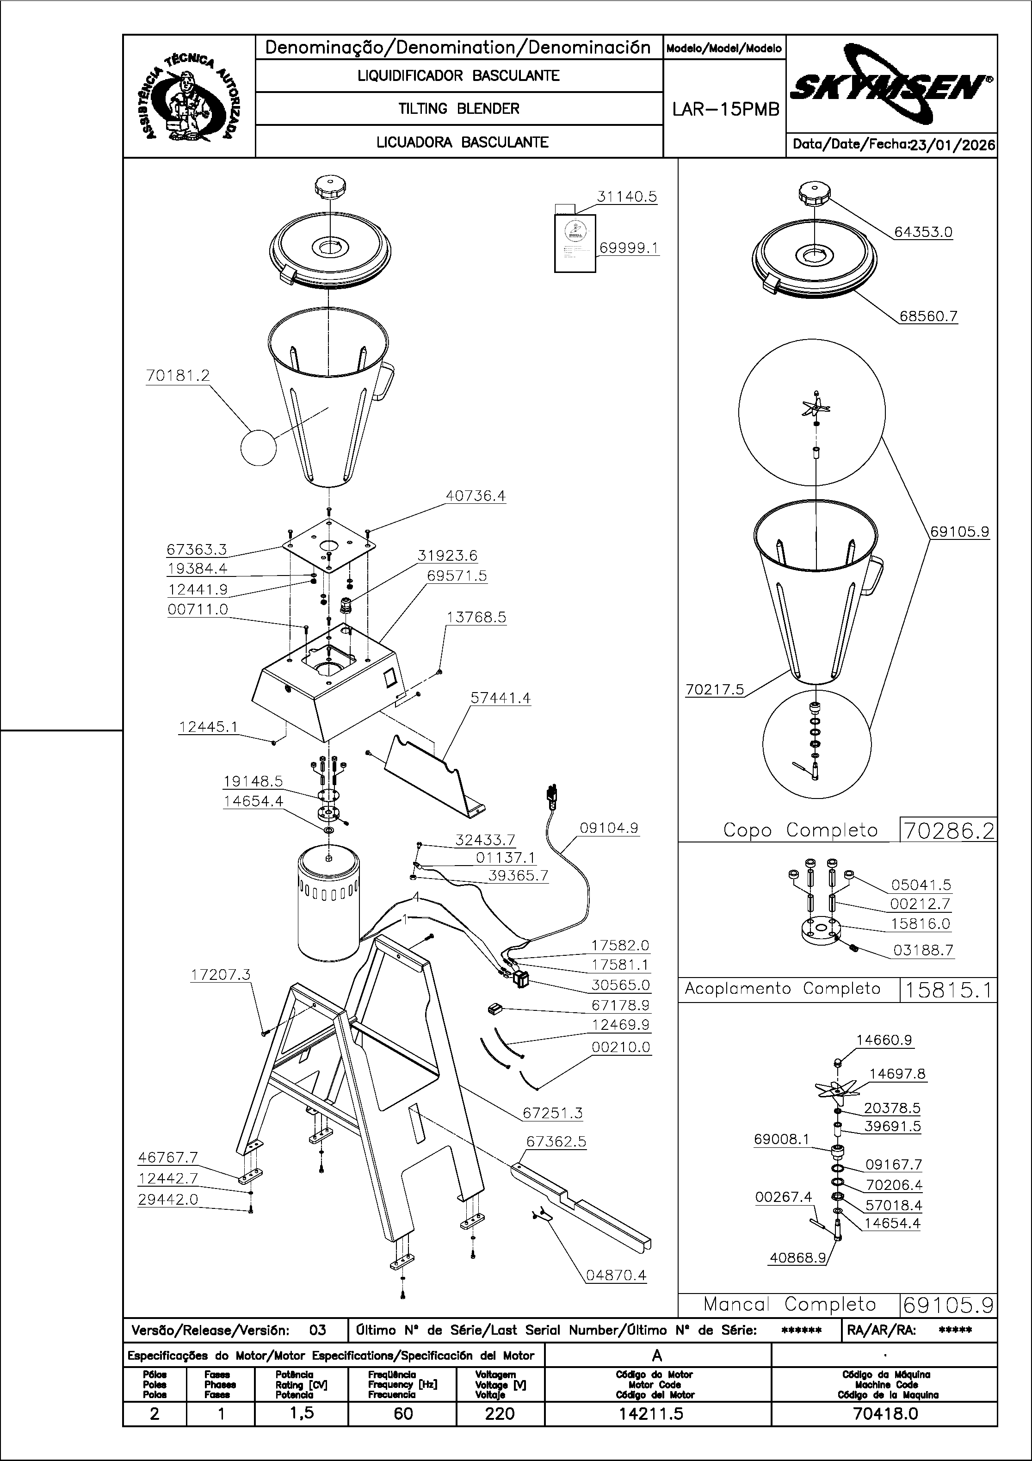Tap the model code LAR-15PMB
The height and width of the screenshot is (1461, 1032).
725,110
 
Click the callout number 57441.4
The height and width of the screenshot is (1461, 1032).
500,698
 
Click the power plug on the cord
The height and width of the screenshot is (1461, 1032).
551,796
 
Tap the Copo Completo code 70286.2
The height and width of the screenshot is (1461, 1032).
948,830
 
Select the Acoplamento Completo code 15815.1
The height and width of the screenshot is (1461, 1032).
948,990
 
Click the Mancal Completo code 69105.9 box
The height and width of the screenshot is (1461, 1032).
948,1305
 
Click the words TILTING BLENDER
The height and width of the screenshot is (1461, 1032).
459,109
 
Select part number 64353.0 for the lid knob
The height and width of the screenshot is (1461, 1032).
923,232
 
